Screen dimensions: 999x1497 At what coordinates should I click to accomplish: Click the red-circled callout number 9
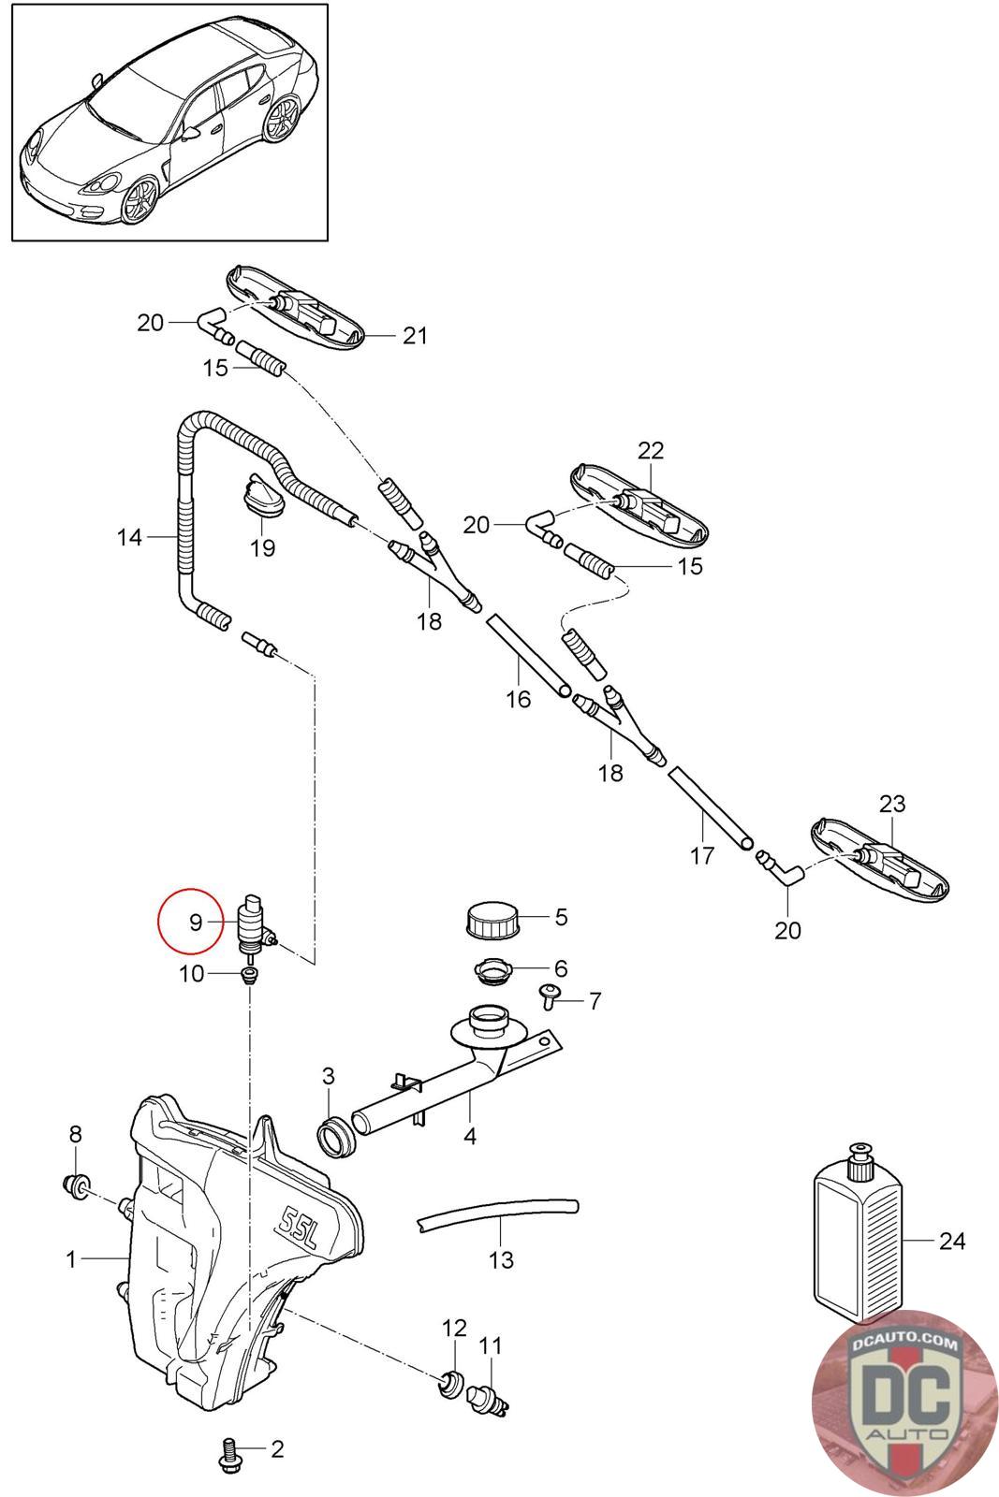(x=196, y=923)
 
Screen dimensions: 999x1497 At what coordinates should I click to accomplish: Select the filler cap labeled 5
(x=492, y=921)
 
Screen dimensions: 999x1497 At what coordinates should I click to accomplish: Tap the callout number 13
(x=501, y=1259)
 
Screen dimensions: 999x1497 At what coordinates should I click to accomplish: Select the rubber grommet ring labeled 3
(x=335, y=1136)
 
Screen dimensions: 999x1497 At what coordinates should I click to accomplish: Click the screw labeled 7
(x=549, y=998)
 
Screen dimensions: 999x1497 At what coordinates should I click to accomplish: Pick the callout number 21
(x=415, y=335)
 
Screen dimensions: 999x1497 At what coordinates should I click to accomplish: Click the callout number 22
(x=651, y=450)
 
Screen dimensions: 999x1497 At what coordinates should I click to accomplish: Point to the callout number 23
(x=892, y=804)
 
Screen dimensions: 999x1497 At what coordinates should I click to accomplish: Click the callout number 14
(x=129, y=537)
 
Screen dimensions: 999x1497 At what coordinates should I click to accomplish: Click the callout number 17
(x=702, y=855)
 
